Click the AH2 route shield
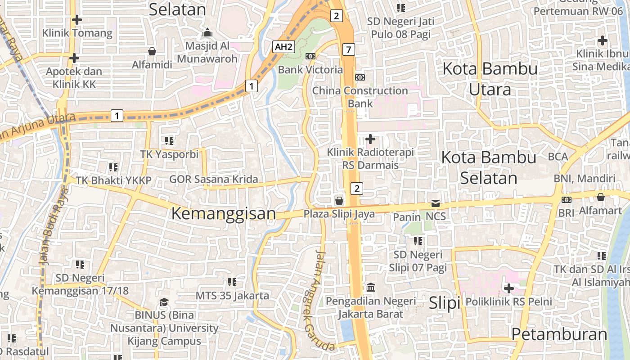tap(284, 46)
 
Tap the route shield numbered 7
tap(348, 49)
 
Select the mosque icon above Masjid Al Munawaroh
tap(207, 32)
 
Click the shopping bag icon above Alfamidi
tap(152, 51)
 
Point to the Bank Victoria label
tap(310, 70)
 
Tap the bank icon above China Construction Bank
tap(360, 77)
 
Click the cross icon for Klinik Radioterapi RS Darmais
tap(370, 139)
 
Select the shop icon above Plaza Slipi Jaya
tap(339, 200)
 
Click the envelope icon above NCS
tap(435, 203)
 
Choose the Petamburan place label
tap(559, 334)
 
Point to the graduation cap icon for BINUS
tap(164, 301)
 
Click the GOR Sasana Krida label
tap(213, 179)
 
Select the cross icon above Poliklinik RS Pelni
tap(509, 288)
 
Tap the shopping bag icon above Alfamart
tap(600, 197)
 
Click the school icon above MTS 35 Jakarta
tap(232, 282)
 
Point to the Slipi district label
tap(444, 303)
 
